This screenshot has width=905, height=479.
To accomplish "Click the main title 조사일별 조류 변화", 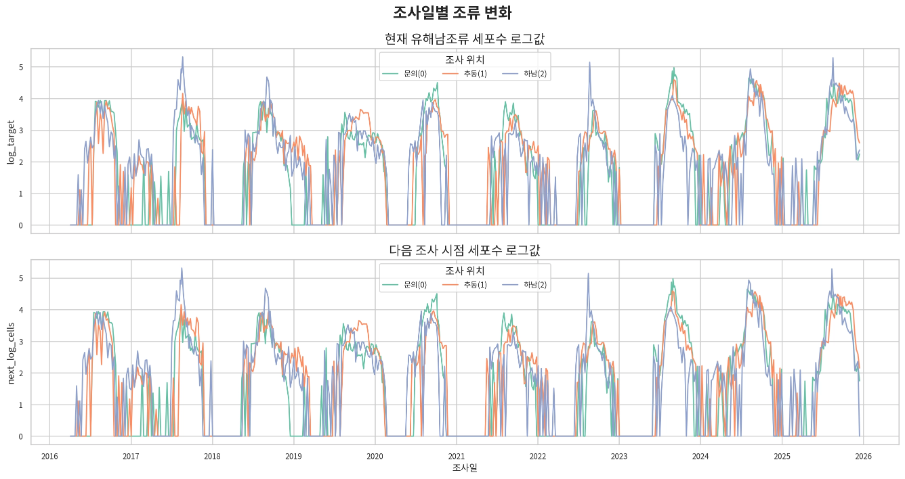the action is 452,12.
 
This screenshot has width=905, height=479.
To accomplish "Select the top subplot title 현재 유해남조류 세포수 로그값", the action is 465,39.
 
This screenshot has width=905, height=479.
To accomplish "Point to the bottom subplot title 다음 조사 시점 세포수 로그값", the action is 465,250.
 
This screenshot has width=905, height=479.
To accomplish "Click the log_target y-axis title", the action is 11,142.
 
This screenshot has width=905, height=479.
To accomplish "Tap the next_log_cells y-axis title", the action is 11,353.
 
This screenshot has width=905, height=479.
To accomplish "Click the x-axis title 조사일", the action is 465,467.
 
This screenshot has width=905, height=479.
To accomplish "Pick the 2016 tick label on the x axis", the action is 49,457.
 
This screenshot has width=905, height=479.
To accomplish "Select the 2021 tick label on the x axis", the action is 457,457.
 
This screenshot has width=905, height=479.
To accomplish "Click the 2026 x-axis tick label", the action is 864,457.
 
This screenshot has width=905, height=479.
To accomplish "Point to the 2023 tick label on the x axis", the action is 619,457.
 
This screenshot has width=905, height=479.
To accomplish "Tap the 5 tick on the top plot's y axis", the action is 21,68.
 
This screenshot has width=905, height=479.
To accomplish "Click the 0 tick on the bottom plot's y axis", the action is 21,436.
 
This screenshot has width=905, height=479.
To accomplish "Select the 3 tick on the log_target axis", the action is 21,131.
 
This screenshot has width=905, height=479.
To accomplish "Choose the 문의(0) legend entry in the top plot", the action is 404,74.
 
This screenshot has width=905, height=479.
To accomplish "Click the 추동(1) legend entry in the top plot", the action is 465,74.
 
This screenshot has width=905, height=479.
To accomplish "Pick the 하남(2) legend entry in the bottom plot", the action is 524,285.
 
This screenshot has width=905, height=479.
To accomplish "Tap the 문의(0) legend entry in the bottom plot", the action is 404,285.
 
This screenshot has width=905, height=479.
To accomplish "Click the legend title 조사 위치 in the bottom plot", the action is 465,271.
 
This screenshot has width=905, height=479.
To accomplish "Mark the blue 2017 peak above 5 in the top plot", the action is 183,57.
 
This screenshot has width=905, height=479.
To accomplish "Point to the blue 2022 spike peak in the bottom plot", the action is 588,273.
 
